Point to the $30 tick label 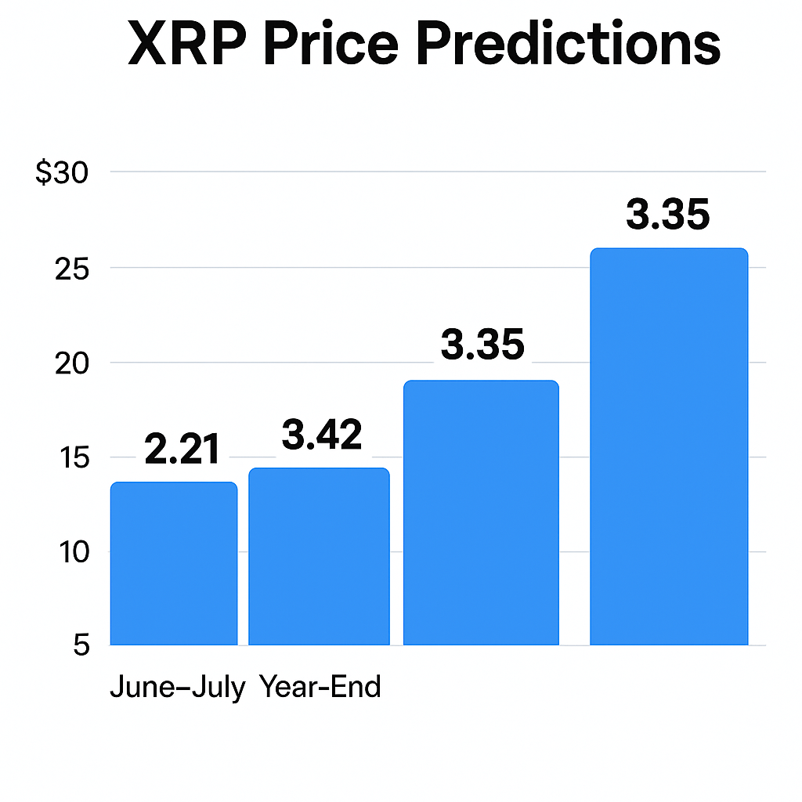63,172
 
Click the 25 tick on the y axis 74,268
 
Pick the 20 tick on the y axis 74,363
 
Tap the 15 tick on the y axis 74,457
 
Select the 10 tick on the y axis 74,552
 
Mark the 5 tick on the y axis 81,646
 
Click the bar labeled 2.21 174,564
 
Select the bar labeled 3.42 319,557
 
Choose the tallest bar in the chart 669,446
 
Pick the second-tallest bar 481,513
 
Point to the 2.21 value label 182,450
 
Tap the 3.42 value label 322,435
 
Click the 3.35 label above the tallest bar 668,215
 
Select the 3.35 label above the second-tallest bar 482,345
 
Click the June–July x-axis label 178,687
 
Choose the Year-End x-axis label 320,687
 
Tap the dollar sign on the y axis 44,172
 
